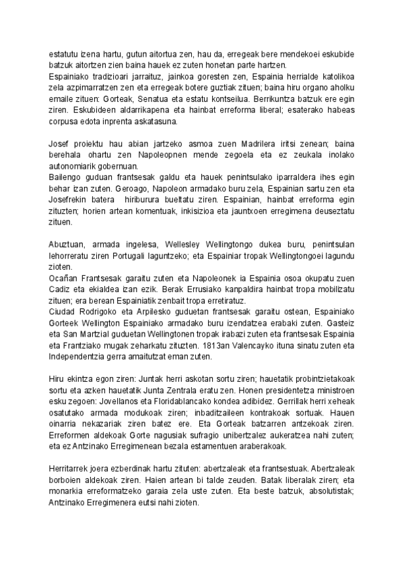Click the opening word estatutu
click(x=62, y=54)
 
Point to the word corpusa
click(x=66, y=122)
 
